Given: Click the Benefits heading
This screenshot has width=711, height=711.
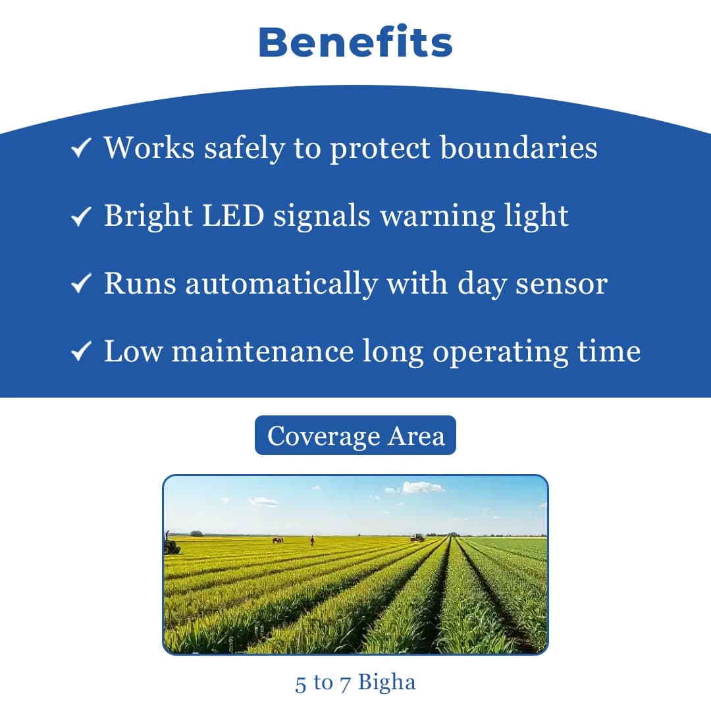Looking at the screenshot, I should click(355, 42).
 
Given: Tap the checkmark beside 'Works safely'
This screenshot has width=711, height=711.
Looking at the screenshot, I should click(80, 149).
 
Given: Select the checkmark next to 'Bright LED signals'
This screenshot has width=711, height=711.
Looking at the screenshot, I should click(80, 217).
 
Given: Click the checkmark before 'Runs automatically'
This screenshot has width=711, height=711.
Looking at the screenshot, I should click(80, 284).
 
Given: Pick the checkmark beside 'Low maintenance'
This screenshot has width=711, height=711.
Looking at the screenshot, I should click(80, 352).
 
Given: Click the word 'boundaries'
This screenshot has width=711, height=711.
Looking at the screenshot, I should click(519, 147).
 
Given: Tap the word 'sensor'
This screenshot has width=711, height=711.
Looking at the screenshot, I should click(561, 284).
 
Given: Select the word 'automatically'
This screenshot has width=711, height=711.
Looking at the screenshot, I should click(281, 284).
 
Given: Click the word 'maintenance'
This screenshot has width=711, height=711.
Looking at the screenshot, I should click(263, 352).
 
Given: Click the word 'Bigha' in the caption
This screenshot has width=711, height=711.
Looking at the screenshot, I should click(387, 683).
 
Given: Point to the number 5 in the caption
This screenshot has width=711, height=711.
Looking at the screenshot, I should click(301, 683).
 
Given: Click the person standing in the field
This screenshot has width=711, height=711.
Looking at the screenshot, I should click(312, 540).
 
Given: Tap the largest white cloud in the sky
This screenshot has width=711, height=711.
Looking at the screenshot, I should click(423, 488).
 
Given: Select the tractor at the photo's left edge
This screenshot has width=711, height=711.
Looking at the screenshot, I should click(171, 544).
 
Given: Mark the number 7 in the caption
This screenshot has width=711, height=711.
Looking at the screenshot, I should click(346, 683).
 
